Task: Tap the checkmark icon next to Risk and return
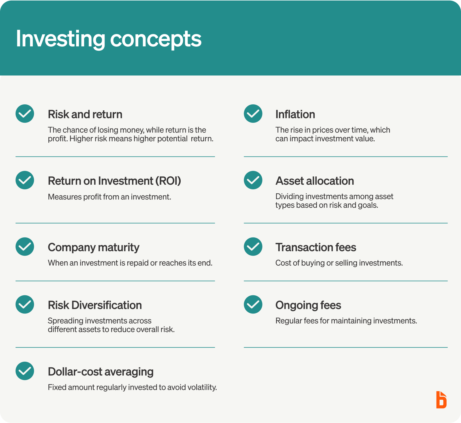[25, 114]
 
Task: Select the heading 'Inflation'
[295, 114]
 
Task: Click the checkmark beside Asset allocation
[253, 180]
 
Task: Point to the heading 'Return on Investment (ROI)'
[114, 181]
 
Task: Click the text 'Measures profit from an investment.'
[109, 197]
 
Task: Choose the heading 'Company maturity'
[94, 248]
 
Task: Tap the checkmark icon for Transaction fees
[253, 247]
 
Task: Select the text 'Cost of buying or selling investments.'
[339, 263]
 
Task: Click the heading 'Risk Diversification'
[95, 305]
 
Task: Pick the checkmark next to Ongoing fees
[253, 304]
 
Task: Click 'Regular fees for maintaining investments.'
[346, 321]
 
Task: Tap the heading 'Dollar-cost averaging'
[101, 372]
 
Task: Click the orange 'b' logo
[441, 400]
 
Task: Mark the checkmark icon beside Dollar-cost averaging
[25, 371]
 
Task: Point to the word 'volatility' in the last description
[202, 387]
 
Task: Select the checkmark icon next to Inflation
[253, 114]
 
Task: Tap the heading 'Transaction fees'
[316, 248]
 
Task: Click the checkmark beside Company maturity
[25, 247]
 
